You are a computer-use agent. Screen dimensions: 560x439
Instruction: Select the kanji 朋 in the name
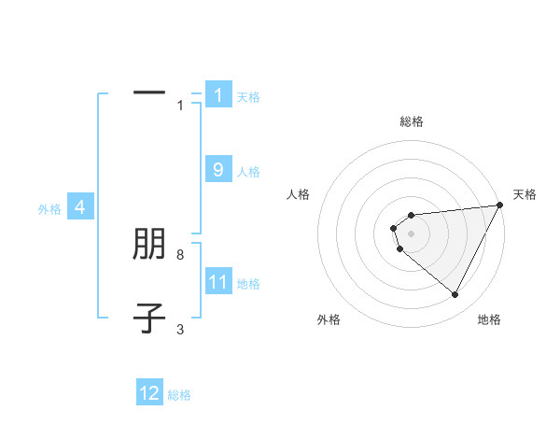[x=149, y=245]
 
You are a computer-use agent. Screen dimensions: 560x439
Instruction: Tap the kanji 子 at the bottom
[x=149, y=319]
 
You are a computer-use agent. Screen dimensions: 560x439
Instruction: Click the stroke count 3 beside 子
[x=180, y=329]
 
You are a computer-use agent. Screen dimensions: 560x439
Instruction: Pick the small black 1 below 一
[x=180, y=106]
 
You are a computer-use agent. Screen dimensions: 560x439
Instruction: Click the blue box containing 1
[x=218, y=94]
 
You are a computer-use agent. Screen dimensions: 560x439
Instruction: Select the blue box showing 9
[x=218, y=169]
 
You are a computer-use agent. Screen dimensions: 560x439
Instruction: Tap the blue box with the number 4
[x=80, y=207]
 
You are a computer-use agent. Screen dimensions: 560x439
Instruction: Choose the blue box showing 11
[x=218, y=281]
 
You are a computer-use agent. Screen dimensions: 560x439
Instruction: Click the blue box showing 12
[x=149, y=393]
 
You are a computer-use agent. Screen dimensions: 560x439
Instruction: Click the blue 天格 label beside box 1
[x=248, y=96]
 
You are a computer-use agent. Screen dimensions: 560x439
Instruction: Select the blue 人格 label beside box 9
[x=248, y=171]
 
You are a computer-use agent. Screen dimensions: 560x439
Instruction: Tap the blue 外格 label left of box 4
[x=49, y=209]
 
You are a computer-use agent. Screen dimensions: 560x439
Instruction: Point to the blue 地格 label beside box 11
[x=248, y=283]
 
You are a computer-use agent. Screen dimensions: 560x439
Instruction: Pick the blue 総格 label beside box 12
[x=179, y=395]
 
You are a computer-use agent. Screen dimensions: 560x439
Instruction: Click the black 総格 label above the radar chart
[x=412, y=121]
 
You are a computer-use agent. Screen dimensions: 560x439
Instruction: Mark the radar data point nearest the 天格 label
[x=500, y=205]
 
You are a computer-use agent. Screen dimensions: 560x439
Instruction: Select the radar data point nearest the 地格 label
[x=455, y=295]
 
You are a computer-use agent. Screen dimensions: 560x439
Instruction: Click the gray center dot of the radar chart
[x=411, y=232]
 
